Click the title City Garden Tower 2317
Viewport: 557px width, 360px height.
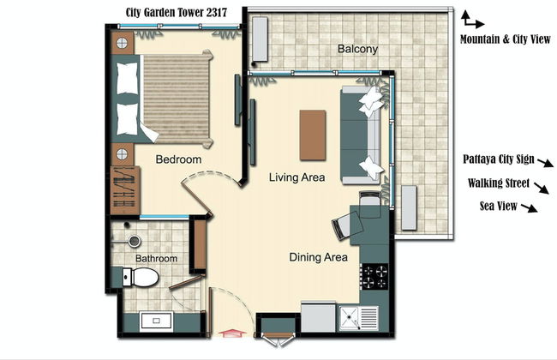coord(177,13)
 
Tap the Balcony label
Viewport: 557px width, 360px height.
coord(357,49)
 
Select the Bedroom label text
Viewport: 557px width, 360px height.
coord(178,159)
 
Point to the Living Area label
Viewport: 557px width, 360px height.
coord(296,177)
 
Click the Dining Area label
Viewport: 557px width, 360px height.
coord(318,257)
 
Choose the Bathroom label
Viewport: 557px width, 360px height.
coord(156,258)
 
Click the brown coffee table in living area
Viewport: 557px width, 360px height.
coord(313,135)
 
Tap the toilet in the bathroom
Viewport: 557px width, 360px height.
coord(141,277)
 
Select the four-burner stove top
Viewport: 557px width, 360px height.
coord(374,277)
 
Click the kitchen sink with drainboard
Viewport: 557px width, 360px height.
coord(359,318)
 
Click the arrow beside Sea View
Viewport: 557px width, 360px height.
coord(530,208)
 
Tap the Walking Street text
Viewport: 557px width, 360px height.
coord(499,183)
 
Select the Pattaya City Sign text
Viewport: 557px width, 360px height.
coord(499,159)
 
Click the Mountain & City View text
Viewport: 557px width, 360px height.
coord(505,39)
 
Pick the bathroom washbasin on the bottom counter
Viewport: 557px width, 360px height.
coord(156,321)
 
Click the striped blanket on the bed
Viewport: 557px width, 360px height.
coord(177,99)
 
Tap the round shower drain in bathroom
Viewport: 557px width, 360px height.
coord(135,242)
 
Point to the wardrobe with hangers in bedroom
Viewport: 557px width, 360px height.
coord(125,190)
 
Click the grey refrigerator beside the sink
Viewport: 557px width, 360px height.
coord(318,317)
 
